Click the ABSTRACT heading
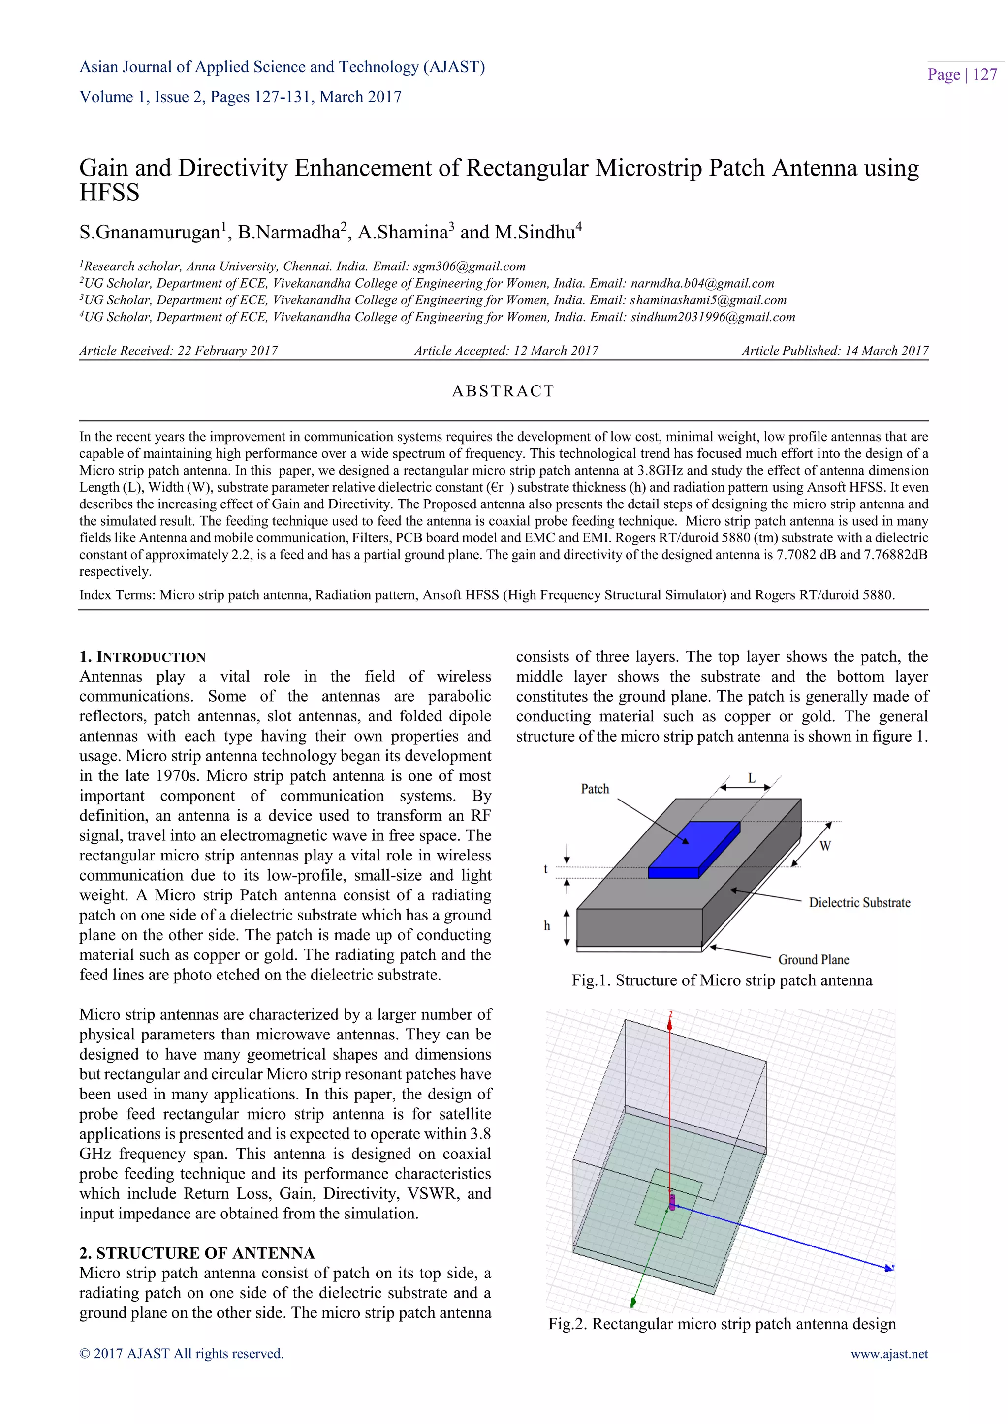[503, 391]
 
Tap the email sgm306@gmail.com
[469, 267]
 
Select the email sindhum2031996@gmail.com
[713, 317]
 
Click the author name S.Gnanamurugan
[150, 233]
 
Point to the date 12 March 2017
[556, 351]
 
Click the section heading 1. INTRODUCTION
[142, 657]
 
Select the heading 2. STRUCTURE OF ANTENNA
[197, 1253]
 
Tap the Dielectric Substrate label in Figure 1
[859, 902]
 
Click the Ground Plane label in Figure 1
[813, 959]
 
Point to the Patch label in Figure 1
[595, 789]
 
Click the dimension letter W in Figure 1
[825, 846]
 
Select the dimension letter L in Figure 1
[751, 778]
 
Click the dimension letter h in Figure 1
[547, 926]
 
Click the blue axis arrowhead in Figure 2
[889, 1268]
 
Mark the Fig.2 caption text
[722, 1324]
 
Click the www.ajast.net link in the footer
[889, 1353]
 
